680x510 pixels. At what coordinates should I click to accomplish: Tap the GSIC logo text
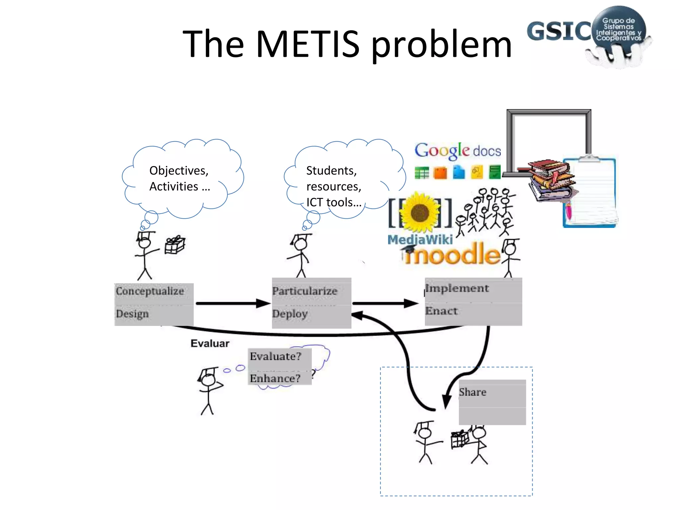(559, 31)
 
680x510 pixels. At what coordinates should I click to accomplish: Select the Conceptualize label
(150, 291)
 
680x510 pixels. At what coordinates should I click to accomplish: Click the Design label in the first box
(132, 313)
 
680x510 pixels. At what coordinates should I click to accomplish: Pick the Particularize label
(304, 291)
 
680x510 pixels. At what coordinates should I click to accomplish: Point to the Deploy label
(290, 313)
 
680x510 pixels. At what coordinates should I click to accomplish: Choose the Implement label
(457, 288)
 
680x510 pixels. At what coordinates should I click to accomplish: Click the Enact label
(441, 311)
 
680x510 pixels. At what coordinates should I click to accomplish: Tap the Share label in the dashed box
(472, 392)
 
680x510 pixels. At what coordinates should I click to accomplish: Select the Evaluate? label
(275, 356)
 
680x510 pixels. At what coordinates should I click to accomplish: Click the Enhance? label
(275, 378)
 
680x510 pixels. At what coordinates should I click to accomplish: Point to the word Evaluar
(210, 343)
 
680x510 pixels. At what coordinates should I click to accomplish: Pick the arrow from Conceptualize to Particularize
(232, 303)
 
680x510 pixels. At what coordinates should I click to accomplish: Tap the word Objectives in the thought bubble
(179, 171)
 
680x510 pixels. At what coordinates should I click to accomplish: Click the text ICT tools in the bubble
(333, 202)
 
